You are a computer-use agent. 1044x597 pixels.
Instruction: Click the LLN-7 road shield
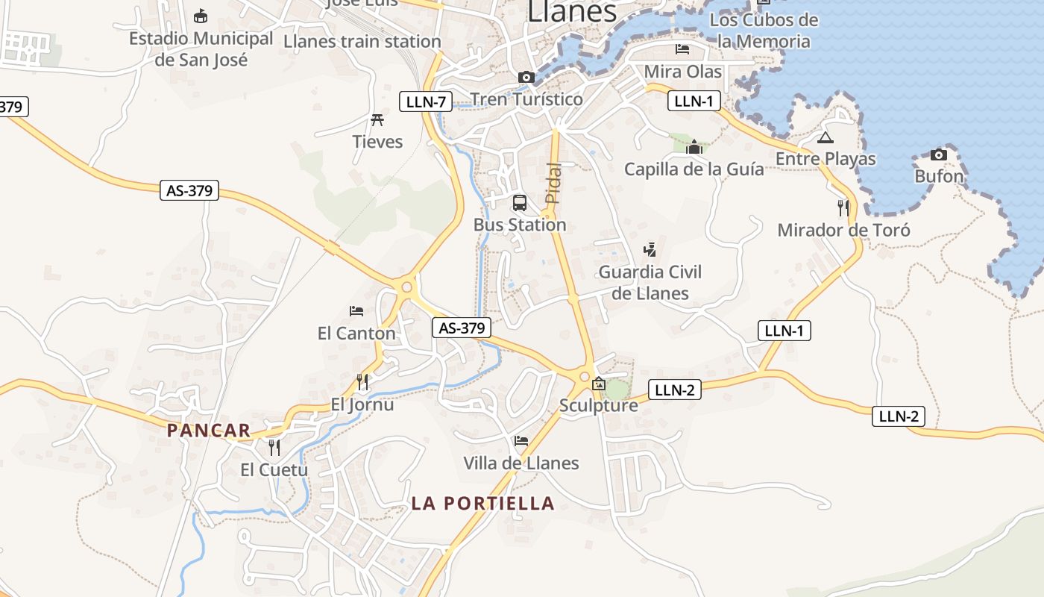pos(426,101)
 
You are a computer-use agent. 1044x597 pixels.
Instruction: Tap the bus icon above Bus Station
pos(520,202)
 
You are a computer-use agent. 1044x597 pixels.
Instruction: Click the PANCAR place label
pos(209,431)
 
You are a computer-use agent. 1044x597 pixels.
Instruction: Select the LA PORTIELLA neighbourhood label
pos(483,503)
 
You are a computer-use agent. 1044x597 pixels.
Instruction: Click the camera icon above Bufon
pos(939,154)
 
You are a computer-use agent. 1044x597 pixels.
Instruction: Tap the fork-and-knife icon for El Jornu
pos(362,382)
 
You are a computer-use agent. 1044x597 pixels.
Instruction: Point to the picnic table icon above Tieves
pos(377,119)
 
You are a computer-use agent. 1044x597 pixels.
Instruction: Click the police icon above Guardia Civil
pos(650,249)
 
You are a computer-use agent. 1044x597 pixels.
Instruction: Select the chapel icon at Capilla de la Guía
pos(694,146)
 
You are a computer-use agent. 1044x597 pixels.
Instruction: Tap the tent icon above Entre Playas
pos(825,137)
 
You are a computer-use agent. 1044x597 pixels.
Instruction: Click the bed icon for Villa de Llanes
pos(521,441)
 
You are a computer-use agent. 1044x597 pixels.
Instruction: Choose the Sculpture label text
pos(599,405)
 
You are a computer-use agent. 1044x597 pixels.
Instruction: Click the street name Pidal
pos(553,184)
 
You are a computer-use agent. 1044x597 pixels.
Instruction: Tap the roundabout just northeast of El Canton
pos(406,286)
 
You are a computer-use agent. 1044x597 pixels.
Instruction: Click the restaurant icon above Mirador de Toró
pos(843,207)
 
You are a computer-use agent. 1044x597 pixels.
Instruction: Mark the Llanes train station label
pos(362,41)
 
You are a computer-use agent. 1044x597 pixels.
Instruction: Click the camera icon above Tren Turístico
pos(526,77)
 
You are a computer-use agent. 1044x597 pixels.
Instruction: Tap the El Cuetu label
pos(274,469)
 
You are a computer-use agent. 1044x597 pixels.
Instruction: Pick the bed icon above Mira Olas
pos(682,49)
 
